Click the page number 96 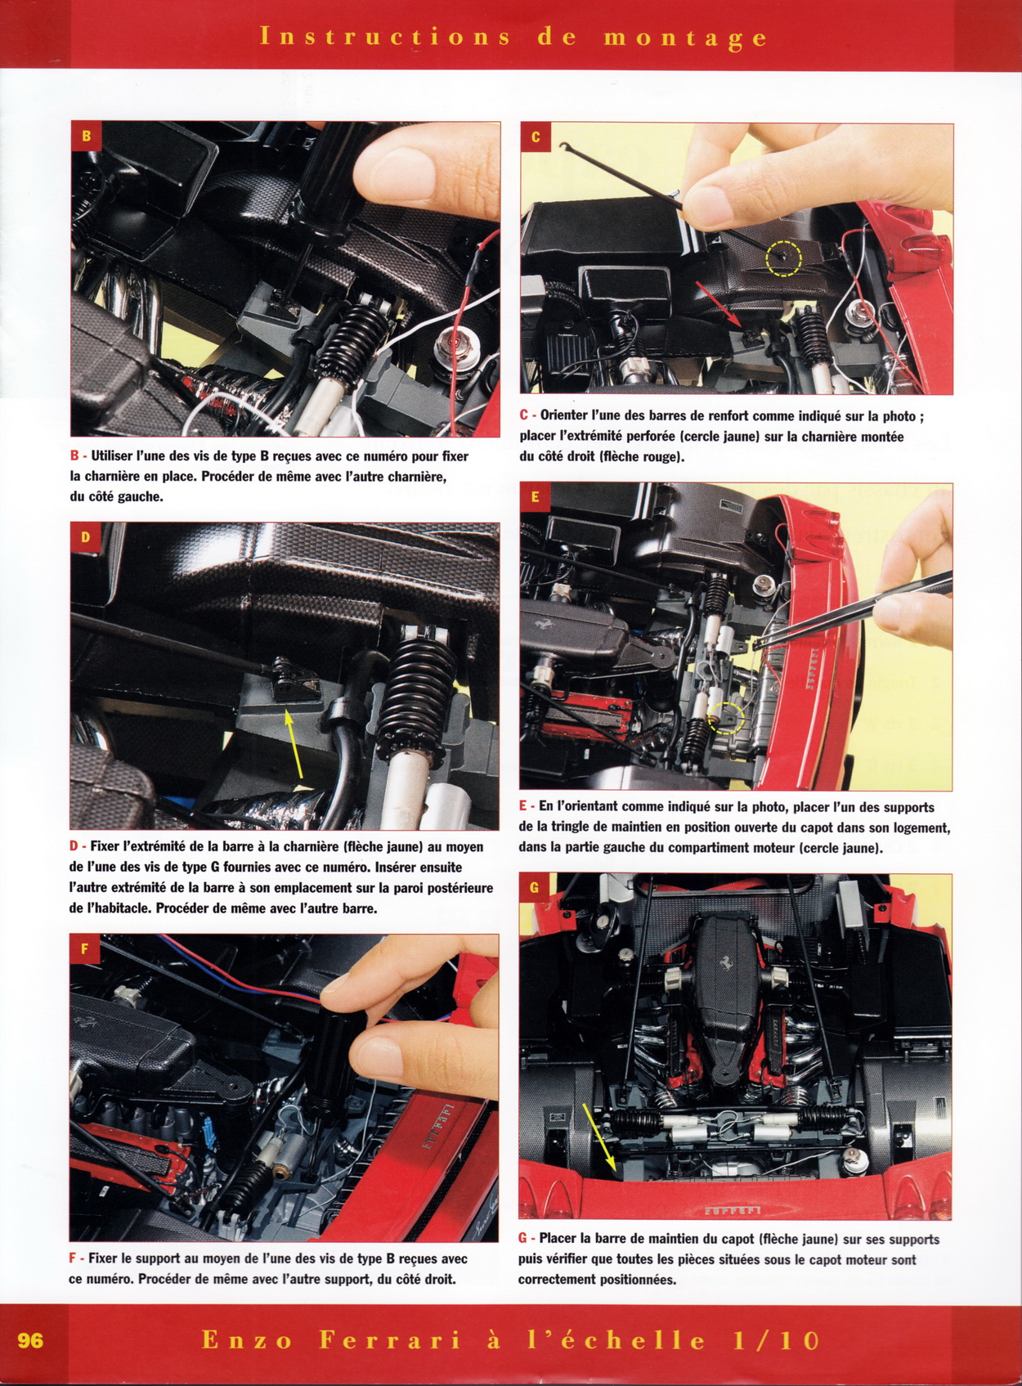(x=30, y=1341)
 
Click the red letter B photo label (x=87, y=136)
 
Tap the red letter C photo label (x=536, y=137)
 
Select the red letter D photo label (x=85, y=537)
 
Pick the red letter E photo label (x=536, y=497)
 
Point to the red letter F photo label (x=85, y=949)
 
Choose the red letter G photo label (x=536, y=889)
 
